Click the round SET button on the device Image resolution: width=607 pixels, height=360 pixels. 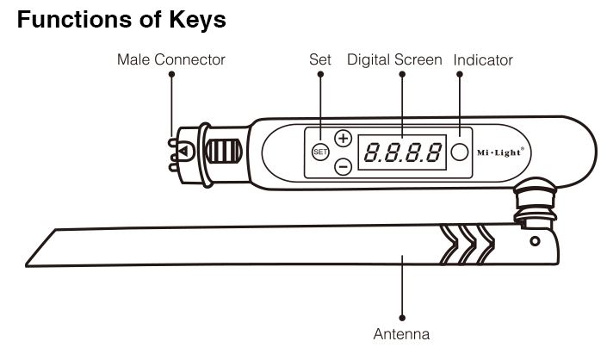(320, 152)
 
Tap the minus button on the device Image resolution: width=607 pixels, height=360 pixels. (343, 166)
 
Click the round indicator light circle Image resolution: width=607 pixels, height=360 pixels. (460, 152)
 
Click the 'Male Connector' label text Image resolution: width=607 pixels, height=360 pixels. (171, 59)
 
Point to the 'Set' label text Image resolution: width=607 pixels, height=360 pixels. (320, 59)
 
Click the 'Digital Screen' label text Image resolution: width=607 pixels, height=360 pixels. (394, 59)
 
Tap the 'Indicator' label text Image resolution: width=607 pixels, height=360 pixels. (483, 60)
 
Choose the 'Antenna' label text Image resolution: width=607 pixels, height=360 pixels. (401, 333)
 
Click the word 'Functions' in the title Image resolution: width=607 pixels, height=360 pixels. (78, 21)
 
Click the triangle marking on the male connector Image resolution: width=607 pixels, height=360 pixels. (184, 152)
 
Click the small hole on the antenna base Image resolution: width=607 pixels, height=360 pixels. (535, 240)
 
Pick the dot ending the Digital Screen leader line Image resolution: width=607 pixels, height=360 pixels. (402, 75)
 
